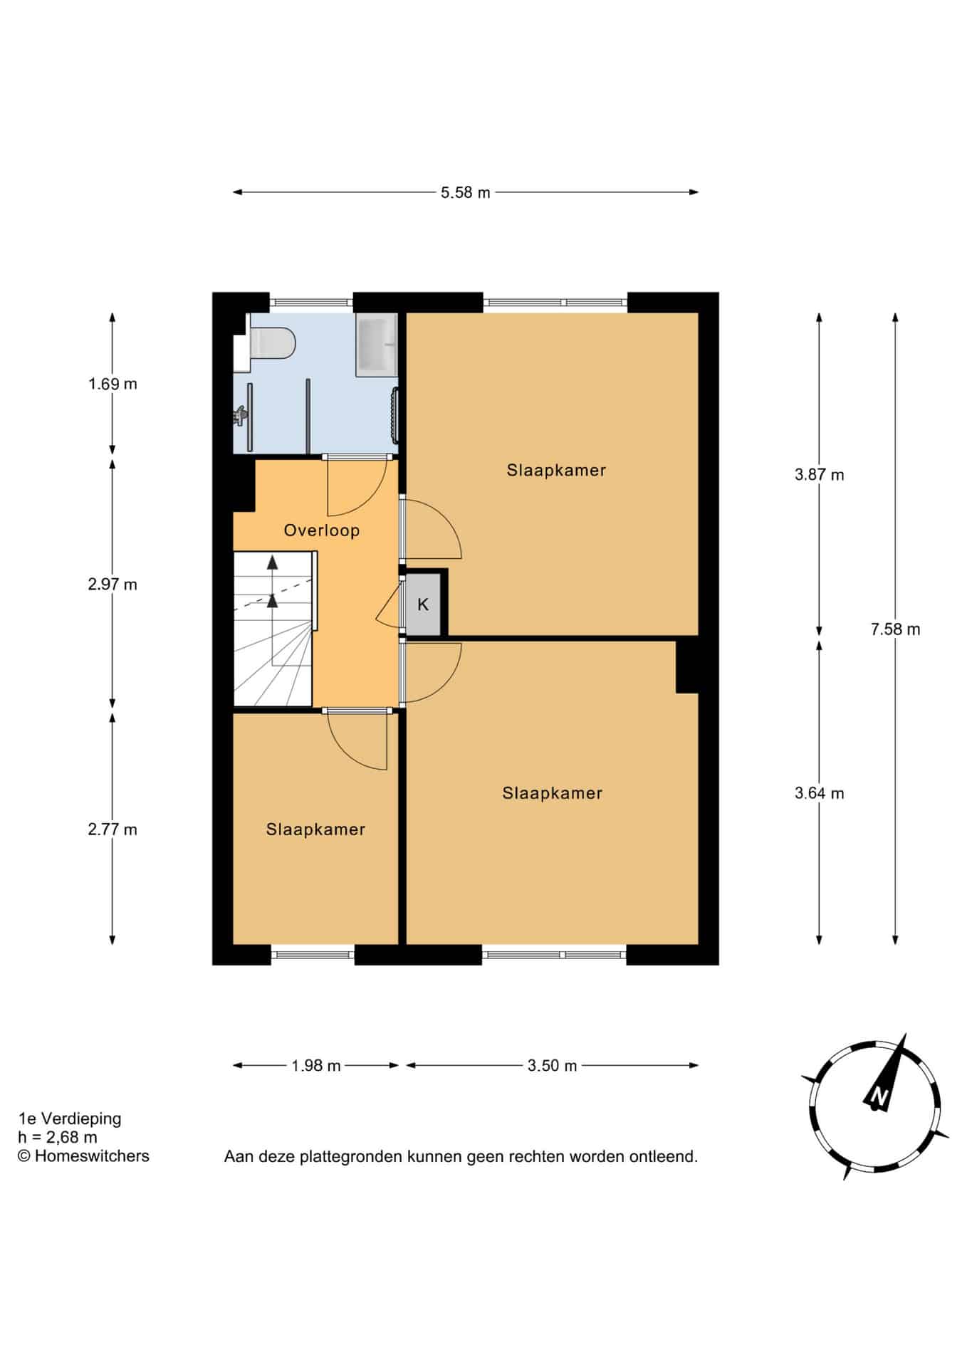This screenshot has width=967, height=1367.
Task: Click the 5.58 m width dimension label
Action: (465, 192)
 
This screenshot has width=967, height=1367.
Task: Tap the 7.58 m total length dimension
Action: (895, 629)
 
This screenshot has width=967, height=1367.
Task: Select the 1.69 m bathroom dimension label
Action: (113, 384)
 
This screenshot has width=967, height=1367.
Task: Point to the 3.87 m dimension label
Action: (820, 475)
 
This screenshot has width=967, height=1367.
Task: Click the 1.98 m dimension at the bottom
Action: (316, 1066)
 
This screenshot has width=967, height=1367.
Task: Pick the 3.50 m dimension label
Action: (552, 1066)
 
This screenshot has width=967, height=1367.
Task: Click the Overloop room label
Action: (322, 530)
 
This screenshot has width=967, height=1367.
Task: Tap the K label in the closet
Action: (423, 605)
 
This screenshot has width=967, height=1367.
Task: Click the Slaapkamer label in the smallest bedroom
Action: (315, 829)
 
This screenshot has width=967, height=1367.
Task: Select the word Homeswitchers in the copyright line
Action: (92, 1156)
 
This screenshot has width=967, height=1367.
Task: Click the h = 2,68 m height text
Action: (58, 1138)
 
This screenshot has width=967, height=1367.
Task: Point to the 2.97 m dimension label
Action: (113, 585)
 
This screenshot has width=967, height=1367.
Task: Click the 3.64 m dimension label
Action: (820, 794)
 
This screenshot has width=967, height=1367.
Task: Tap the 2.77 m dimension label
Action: (113, 830)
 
